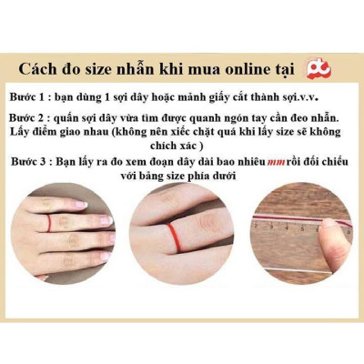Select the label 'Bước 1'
click(x=35, y=97)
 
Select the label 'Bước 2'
click(x=35, y=119)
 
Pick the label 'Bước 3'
click(x=35, y=161)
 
